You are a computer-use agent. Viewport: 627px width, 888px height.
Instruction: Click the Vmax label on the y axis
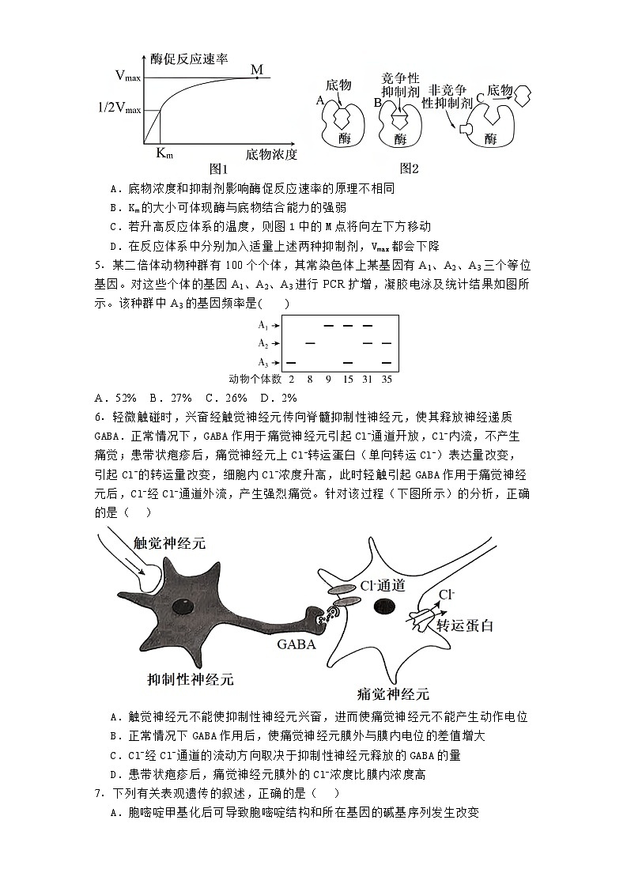click(127, 77)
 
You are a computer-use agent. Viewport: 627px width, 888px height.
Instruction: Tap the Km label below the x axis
click(163, 153)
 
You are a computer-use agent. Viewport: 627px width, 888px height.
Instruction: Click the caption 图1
click(218, 168)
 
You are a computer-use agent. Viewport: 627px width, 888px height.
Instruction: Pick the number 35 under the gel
click(387, 380)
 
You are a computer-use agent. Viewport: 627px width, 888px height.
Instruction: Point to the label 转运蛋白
click(465, 625)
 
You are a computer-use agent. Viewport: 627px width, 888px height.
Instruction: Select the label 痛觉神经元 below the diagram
click(393, 693)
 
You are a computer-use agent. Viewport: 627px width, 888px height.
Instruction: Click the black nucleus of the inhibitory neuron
click(183, 606)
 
